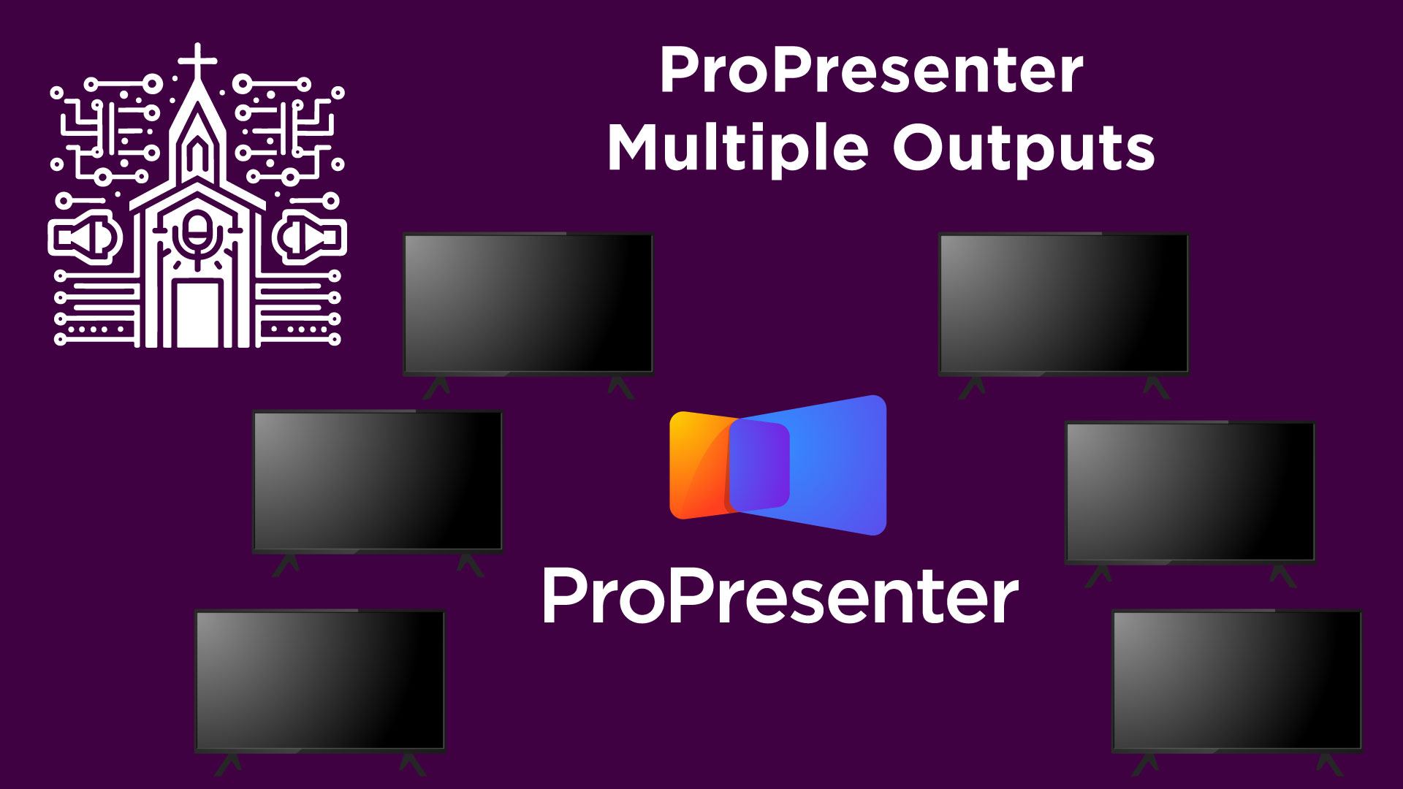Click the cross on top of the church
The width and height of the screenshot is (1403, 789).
tap(197, 60)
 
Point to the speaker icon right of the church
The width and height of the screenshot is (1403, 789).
tap(309, 237)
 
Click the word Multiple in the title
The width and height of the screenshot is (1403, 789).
tap(738, 148)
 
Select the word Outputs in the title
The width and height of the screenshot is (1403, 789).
tap(1023, 148)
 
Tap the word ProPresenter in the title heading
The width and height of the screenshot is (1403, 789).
tap(871, 71)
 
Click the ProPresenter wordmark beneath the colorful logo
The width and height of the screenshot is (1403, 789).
tap(780, 597)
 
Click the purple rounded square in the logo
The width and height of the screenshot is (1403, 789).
tap(760, 465)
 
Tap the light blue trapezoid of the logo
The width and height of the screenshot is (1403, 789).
tap(840, 465)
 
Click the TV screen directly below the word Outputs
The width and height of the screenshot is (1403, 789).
tap(1063, 303)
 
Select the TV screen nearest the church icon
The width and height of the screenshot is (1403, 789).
tap(528, 303)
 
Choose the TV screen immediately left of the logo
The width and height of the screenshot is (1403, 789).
tap(377, 481)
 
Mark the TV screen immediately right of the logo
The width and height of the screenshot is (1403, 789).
tap(1190, 492)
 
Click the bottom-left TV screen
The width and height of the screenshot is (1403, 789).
tap(320, 680)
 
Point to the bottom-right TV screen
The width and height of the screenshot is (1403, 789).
tap(1236, 680)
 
